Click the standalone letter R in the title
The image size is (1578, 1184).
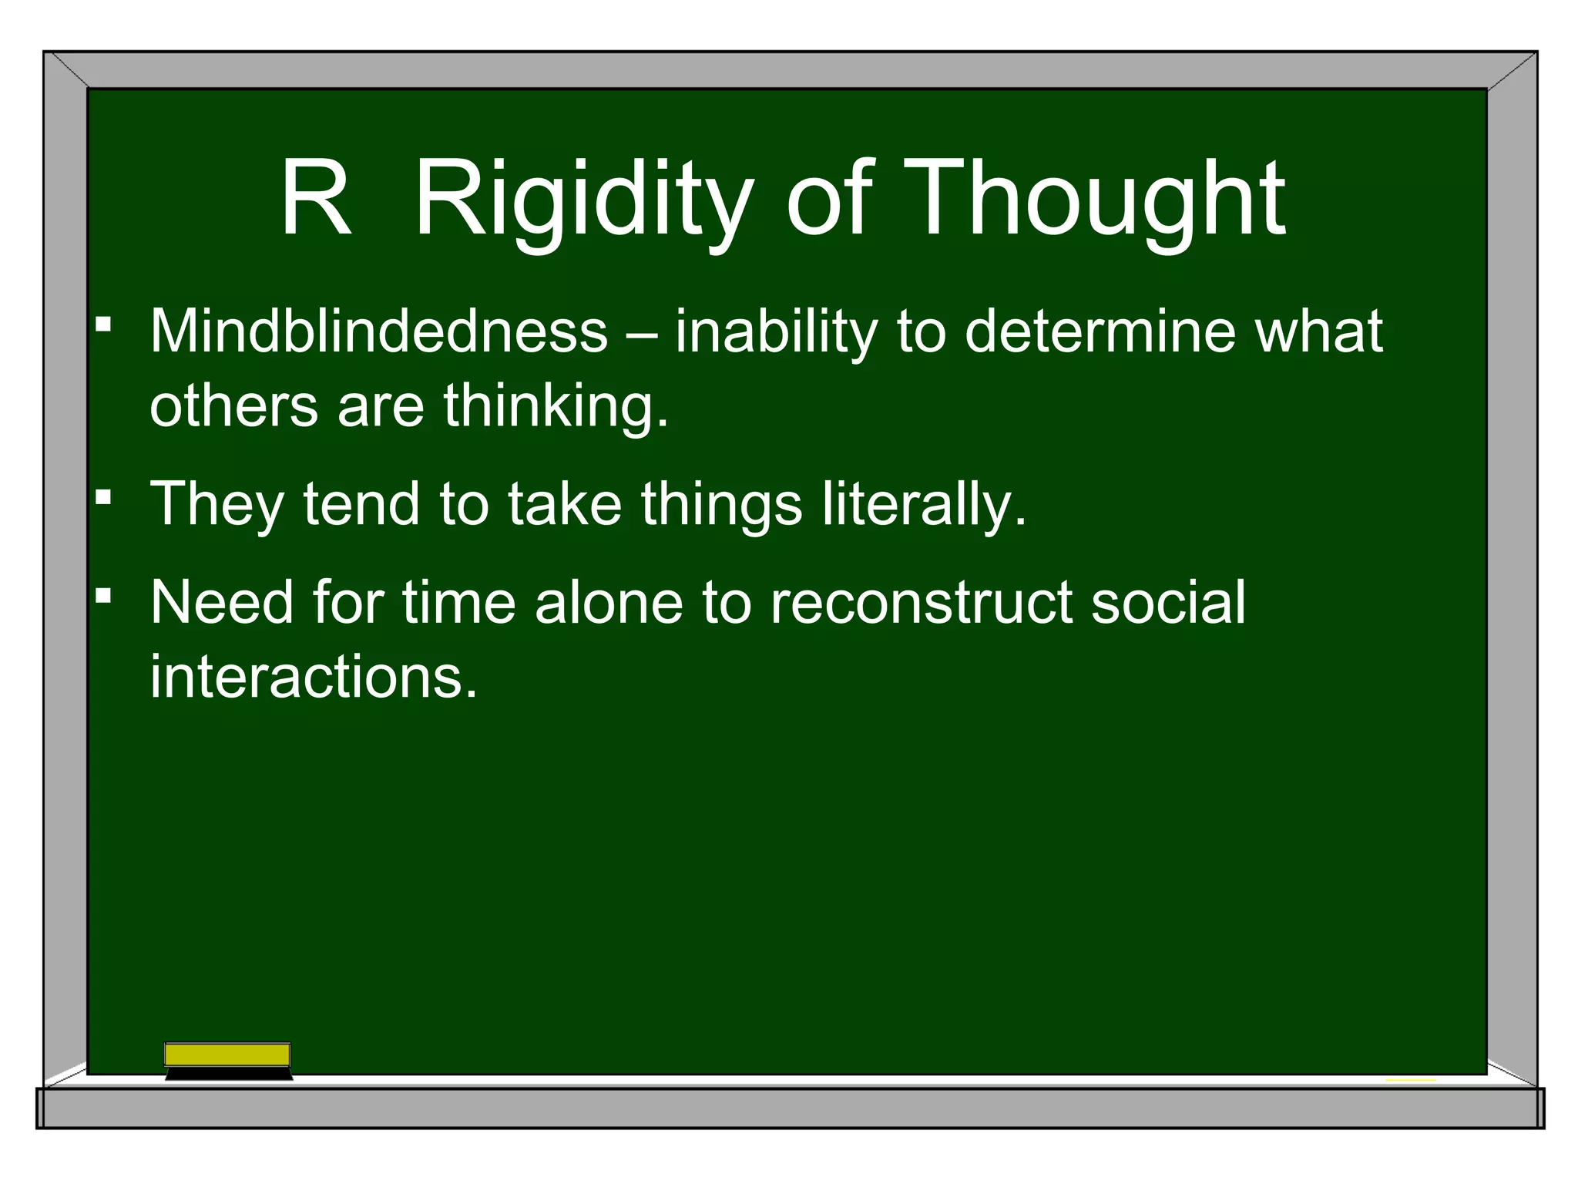[x=315, y=199]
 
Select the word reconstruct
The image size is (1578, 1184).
[x=922, y=602]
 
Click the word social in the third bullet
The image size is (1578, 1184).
[x=1168, y=602]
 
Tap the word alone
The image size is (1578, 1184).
[x=609, y=602]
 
